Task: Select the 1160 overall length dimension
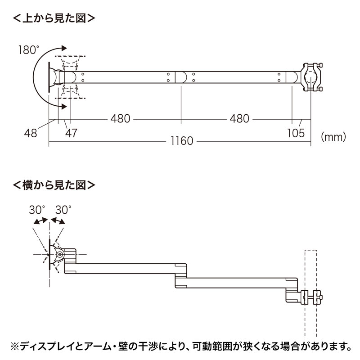181,141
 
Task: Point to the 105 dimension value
296,133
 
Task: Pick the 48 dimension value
31,133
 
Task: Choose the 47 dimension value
71,133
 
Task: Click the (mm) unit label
333,135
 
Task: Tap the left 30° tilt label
37,210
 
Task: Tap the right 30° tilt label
63,210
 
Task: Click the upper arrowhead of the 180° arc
65,48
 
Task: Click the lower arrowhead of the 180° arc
65,106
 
